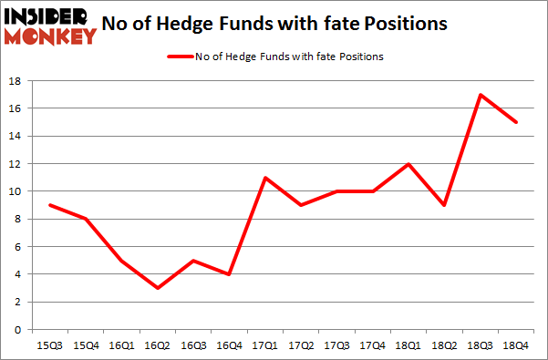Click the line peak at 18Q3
(x=481, y=95)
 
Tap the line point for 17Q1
(x=264, y=178)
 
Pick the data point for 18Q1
(x=408, y=164)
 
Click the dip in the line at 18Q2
(x=445, y=205)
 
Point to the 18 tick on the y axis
(x=16, y=81)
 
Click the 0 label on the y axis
(x=19, y=329)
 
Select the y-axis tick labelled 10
(x=16, y=191)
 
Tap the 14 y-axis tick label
(x=16, y=137)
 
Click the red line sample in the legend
(x=179, y=57)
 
